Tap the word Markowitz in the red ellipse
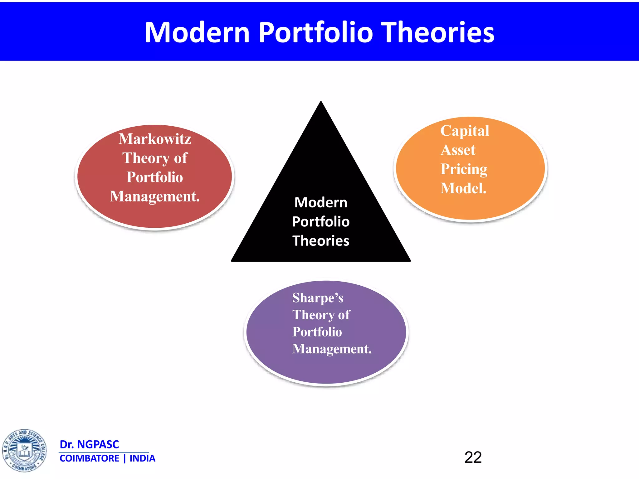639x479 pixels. pyautogui.click(x=155, y=139)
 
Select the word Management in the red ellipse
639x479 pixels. pyautogui.click(x=154, y=197)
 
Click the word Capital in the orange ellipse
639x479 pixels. pyautogui.click(x=465, y=131)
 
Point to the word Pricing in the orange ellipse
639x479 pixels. pyautogui.click(x=464, y=169)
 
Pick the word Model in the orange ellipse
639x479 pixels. pyautogui.click(x=463, y=188)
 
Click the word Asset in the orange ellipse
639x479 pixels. pyautogui.click(x=458, y=150)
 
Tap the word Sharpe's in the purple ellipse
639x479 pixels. pyautogui.click(x=318, y=298)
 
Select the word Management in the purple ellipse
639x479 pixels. pyautogui.click(x=331, y=349)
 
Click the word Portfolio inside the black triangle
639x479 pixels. pyautogui.click(x=321, y=222)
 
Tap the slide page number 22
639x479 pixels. pyautogui.click(x=473, y=457)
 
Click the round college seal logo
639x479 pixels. pyautogui.click(x=24, y=450)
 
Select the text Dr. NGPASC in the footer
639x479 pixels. pyautogui.click(x=89, y=444)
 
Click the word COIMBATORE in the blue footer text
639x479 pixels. pyautogui.click(x=89, y=458)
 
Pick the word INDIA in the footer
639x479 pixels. pyautogui.click(x=142, y=458)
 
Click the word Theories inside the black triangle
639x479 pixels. pyautogui.click(x=321, y=241)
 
